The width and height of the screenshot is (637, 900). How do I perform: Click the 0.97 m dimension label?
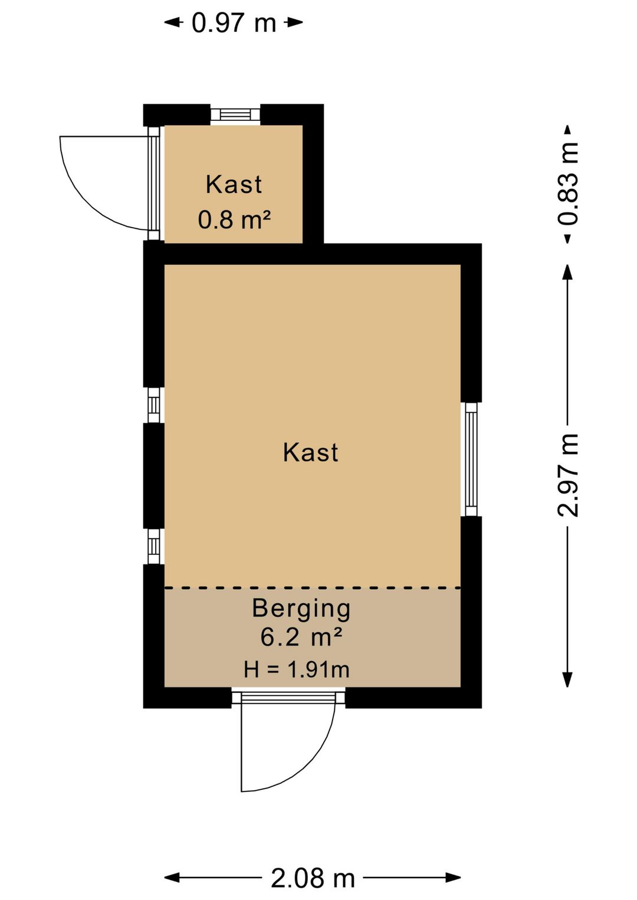click(x=234, y=23)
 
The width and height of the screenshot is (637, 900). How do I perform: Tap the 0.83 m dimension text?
click(x=568, y=183)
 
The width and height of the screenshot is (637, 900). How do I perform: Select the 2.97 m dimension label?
click(x=568, y=475)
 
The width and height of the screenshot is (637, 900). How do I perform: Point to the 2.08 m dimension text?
click(x=313, y=878)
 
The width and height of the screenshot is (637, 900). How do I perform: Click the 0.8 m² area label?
click(x=234, y=220)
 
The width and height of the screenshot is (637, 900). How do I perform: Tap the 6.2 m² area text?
click(x=301, y=637)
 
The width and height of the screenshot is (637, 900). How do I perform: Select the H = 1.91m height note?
click(x=297, y=669)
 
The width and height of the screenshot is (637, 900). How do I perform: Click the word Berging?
click(x=301, y=608)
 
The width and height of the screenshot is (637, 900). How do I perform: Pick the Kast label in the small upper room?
click(x=234, y=185)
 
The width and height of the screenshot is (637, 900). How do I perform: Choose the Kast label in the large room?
click(x=310, y=452)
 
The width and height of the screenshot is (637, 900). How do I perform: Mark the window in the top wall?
click(x=235, y=114)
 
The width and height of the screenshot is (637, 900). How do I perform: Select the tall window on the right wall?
click(x=471, y=459)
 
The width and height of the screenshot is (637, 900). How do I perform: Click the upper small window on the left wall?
click(x=153, y=405)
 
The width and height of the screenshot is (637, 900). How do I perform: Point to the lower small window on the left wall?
click(x=153, y=546)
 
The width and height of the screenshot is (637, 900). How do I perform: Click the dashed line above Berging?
click(x=312, y=588)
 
